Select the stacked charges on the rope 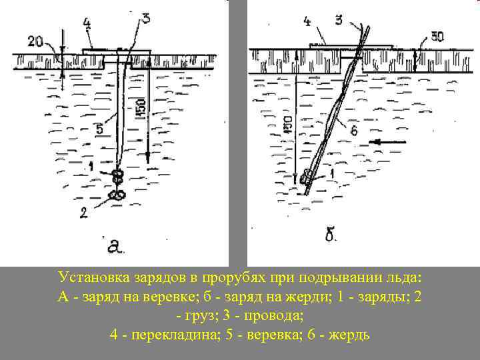(x=118, y=178)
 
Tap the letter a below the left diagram (x=115, y=247)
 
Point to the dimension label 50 (x=436, y=37)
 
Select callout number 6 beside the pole (x=354, y=131)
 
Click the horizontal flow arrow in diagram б (x=389, y=142)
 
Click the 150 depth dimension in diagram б (x=287, y=126)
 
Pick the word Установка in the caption (x=95, y=277)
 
